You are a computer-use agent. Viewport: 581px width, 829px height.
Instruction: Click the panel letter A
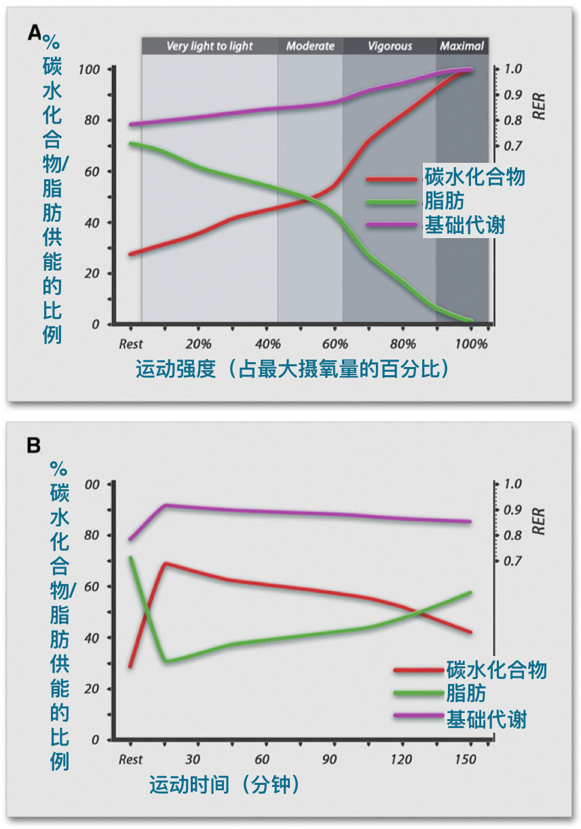click(x=34, y=33)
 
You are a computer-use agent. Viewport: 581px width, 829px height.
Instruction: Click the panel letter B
click(x=33, y=446)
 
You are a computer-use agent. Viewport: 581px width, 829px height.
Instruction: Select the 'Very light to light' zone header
click(x=209, y=46)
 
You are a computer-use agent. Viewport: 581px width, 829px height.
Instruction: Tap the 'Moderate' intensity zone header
click(x=310, y=46)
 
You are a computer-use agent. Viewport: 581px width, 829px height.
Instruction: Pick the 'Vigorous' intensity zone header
click(x=390, y=46)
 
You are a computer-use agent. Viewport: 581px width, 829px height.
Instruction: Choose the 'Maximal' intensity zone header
click(x=462, y=46)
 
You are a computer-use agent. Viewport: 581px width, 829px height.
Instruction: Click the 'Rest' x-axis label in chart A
click(x=131, y=343)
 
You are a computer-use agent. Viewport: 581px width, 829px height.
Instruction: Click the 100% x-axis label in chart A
click(x=472, y=343)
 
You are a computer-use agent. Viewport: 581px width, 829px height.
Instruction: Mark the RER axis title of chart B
click(x=539, y=520)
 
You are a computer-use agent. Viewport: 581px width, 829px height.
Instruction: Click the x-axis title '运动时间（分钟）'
click(x=225, y=785)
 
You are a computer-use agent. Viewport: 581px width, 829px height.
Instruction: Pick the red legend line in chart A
click(x=392, y=179)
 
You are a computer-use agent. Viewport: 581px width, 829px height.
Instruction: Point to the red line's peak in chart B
click(x=165, y=563)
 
